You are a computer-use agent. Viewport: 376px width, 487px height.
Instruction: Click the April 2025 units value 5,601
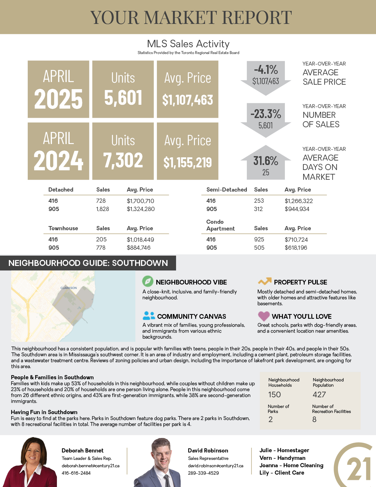[x=123, y=98]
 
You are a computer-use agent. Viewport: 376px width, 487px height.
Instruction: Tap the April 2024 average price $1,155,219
[x=188, y=162]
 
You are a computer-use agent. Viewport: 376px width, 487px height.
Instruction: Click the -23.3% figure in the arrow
[x=266, y=114]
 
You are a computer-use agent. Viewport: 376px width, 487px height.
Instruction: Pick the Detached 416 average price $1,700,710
[x=140, y=201]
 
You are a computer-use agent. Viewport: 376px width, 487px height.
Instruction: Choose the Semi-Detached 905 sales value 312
[x=258, y=209]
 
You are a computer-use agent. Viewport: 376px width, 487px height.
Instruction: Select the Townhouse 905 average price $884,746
[x=139, y=248]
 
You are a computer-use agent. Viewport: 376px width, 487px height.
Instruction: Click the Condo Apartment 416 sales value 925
[x=259, y=239]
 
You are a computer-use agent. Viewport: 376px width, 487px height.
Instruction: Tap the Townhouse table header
[x=63, y=228]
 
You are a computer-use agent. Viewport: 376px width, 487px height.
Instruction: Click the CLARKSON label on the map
[x=68, y=288]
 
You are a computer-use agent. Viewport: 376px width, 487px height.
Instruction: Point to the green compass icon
[x=147, y=281]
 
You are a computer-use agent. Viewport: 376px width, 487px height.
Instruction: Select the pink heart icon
[x=264, y=316]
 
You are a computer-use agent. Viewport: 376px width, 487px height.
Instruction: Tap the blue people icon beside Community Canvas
[x=149, y=316]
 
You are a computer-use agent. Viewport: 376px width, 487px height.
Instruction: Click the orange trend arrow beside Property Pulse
[x=265, y=281]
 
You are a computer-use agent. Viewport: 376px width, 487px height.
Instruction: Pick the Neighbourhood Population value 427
[x=319, y=395]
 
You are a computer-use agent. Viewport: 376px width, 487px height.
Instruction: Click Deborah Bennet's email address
[x=91, y=466]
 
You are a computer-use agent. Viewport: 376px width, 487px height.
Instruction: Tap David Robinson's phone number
[x=203, y=473]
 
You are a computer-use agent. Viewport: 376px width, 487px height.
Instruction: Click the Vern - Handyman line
[x=282, y=458]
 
